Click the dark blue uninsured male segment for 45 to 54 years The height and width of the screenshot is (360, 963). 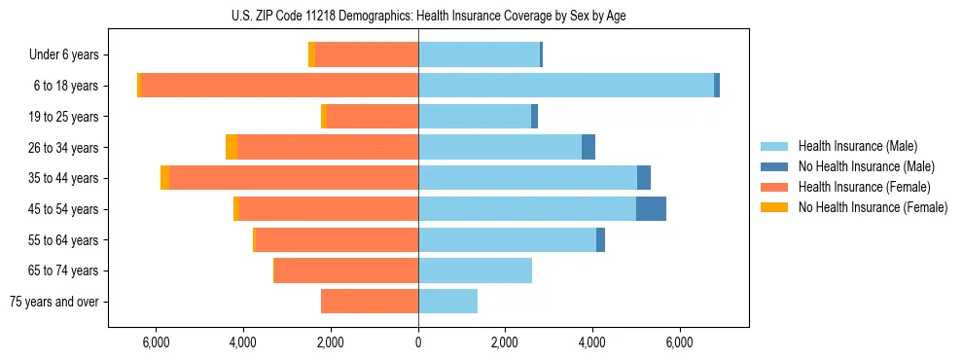point(651,209)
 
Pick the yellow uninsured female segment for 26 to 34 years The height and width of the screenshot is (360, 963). point(232,147)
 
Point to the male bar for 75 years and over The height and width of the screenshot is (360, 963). point(447,302)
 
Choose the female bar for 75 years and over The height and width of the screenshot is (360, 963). point(370,302)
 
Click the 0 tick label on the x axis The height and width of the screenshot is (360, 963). point(418,342)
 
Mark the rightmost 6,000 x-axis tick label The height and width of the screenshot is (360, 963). point(679,342)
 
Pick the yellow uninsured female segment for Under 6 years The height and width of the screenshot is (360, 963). point(311,54)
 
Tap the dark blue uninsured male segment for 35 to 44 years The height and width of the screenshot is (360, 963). point(644,178)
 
